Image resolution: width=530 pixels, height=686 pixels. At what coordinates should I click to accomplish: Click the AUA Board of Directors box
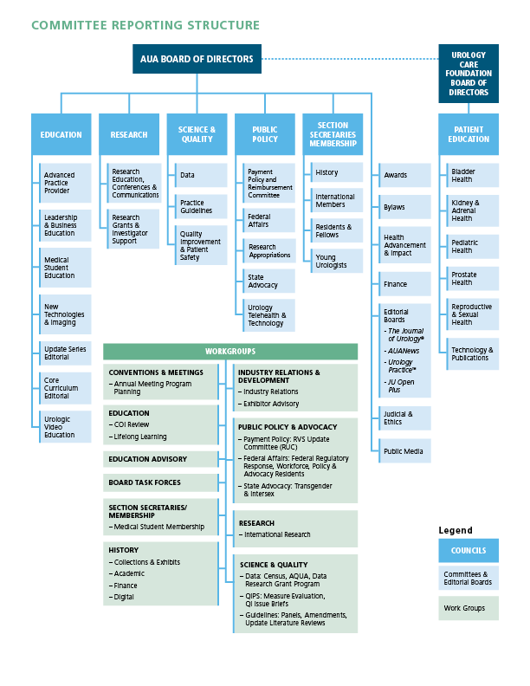[x=197, y=59]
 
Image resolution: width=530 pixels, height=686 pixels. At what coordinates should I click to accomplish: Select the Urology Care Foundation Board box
[x=469, y=74]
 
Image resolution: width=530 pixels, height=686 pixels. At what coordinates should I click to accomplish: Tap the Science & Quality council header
[x=197, y=134]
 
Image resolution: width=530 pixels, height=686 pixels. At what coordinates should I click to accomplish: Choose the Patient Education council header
[x=469, y=134]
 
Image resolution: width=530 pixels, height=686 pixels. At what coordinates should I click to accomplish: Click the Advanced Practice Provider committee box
[x=65, y=183]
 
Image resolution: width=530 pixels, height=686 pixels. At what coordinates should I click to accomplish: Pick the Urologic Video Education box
[x=65, y=427]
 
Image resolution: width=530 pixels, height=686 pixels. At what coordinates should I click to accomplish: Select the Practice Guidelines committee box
[x=201, y=206]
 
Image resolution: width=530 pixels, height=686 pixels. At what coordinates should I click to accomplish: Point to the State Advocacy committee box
[x=269, y=281]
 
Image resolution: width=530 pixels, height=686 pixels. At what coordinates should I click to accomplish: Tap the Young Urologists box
[x=337, y=262]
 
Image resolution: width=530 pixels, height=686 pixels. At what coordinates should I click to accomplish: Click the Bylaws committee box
[x=404, y=207]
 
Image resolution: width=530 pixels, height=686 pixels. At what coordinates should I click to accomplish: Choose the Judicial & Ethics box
[x=404, y=418]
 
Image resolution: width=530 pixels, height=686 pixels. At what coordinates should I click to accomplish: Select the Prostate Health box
[x=472, y=279]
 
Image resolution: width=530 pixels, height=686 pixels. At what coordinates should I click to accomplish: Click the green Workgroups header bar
[x=230, y=352]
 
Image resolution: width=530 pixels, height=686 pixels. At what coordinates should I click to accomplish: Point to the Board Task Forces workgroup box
[x=161, y=482]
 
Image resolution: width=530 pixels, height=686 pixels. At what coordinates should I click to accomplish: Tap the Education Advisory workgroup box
[x=161, y=459]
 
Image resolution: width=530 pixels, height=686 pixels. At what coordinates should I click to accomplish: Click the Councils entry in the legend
[x=469, y=550]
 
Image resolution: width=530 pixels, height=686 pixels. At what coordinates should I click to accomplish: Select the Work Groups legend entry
[x=469, y=608]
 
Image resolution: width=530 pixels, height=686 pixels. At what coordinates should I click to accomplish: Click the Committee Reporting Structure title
[x=145, y=25]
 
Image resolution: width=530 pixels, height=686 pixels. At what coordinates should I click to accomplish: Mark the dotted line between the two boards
[x=350, y=59]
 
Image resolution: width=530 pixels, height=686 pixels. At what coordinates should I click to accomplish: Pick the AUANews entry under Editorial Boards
[x=404, y=351]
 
